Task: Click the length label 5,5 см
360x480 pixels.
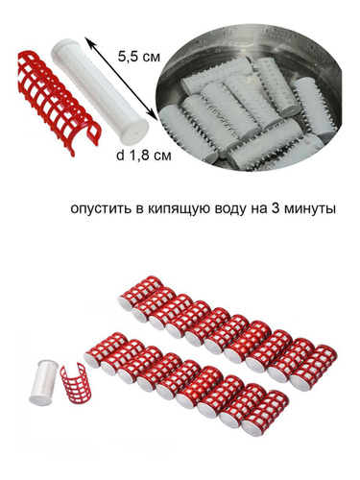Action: click(x=139, y=58)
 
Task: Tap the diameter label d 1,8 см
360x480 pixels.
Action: click(x=143, y=156)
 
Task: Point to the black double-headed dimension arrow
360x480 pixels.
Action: click(x=120, y=79)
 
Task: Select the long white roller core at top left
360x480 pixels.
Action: click(x=99, y=91)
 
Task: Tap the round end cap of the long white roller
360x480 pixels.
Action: click(x=135, y=132)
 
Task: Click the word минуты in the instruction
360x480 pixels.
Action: click(x=309, y=209)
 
